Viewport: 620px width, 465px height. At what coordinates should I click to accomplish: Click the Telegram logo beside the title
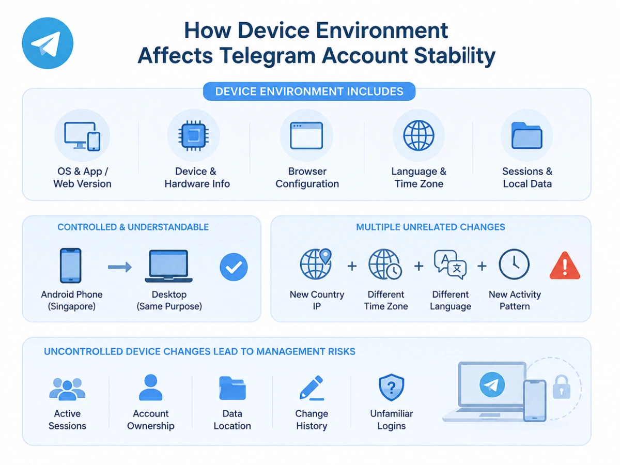point(48,43)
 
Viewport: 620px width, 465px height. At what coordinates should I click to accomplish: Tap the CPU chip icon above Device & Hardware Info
point(193,135)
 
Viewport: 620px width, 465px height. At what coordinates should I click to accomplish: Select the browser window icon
point(306,135)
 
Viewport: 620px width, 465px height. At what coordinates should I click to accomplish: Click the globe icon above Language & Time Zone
point(419,135)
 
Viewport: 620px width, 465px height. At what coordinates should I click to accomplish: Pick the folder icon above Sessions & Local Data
point(527,135)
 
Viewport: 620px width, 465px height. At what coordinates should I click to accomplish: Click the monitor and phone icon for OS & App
point(82,136)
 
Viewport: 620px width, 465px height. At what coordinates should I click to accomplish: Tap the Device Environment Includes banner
point(309,91)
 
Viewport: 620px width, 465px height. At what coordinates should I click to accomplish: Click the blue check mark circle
point(234,267)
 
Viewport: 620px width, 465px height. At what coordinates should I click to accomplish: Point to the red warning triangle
point(565,266)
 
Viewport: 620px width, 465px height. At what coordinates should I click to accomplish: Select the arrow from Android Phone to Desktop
point(120,267)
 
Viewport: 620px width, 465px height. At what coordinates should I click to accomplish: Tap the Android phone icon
point(71,266)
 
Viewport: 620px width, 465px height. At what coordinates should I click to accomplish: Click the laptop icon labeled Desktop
point(168,266)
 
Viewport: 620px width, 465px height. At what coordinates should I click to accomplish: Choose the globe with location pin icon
point(316,264)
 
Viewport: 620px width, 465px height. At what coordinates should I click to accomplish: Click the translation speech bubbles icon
point(450,265)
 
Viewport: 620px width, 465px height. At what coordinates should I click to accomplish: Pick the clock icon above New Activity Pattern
point(514,264)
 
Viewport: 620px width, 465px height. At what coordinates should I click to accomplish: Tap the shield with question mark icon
point(391,388)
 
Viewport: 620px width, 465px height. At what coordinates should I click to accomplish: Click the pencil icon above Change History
point(312,388)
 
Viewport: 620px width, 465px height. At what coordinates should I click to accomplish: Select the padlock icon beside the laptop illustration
point(561,387)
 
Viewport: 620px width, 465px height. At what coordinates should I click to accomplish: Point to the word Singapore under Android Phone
point(72,306)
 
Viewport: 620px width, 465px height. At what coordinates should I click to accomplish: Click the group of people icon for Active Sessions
point(67,389)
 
